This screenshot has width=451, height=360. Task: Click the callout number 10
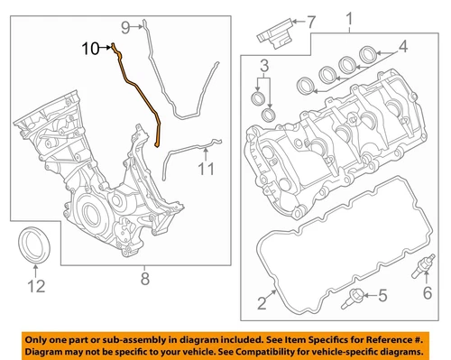[90, 48]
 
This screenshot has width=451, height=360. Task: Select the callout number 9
[125, 28]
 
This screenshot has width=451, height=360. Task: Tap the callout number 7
[310, 22]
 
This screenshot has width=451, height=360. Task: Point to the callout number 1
[349, 19]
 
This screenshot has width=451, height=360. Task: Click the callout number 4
[402, 46]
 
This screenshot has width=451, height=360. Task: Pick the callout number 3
[264, 66]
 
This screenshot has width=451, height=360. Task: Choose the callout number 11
[207, 169]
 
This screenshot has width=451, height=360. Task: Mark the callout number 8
[145, 279]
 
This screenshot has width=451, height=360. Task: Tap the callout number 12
[36, 286]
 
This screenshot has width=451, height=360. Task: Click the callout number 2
[262, 303]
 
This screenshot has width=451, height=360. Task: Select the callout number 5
[382, 295]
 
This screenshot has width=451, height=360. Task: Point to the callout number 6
[428, 292]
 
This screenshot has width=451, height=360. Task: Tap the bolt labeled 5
[353, 299]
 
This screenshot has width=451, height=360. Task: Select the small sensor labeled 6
[423, 266]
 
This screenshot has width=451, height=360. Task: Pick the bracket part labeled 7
[275, 33]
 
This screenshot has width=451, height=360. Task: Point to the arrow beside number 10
[106, 48]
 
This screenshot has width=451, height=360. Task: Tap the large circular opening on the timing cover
[90, 213]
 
